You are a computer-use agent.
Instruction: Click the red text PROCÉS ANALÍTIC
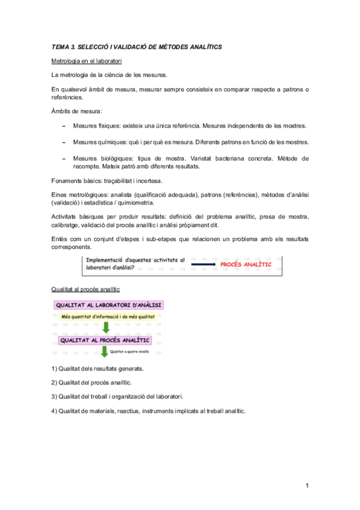coord(246,264)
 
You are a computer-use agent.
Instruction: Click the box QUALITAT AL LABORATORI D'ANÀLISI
coord(112,306)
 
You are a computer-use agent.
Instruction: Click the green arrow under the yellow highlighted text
coord(105,328)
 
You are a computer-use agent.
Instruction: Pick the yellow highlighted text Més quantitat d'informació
coord(108,316)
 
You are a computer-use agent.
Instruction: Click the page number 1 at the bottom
coord(307,485)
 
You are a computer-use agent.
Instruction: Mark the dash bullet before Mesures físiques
coord(64,126)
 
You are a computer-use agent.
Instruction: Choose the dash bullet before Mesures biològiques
coord(64,158)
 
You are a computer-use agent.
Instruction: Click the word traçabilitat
coord(119,180)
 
